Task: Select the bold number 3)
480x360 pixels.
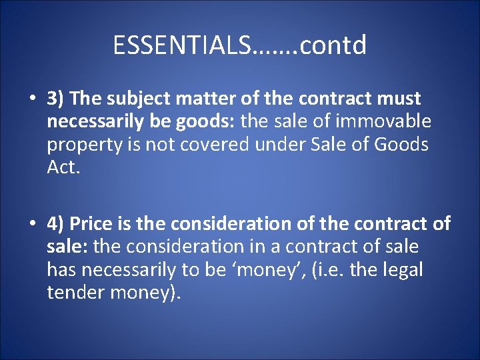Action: [55, 99]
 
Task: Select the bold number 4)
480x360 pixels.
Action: [55, 223]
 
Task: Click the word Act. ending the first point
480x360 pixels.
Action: [63, 167]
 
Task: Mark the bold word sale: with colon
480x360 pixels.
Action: [67, 247]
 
